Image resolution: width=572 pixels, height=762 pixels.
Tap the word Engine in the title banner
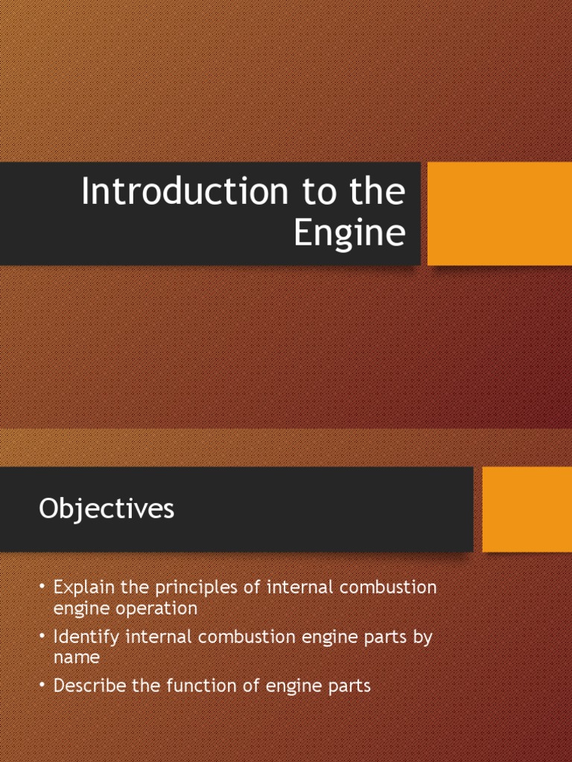[x=349, y=233]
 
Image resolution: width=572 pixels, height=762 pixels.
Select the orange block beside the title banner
[x=499, y=214]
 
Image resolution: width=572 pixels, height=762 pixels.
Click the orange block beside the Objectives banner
[x=527, y=509]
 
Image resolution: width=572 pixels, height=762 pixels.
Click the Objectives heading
[x=107, y=509]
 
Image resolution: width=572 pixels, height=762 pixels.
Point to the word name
[x=77, y=658]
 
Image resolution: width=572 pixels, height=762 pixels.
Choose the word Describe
[x=90, y=686]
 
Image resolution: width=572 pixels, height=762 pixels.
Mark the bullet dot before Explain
[x=42, y=588]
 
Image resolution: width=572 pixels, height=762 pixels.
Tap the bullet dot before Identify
[x=42, y=638]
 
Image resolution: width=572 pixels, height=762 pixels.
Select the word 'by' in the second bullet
[x=423, y=638]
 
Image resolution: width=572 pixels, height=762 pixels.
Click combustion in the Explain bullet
[x=387, y=587]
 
